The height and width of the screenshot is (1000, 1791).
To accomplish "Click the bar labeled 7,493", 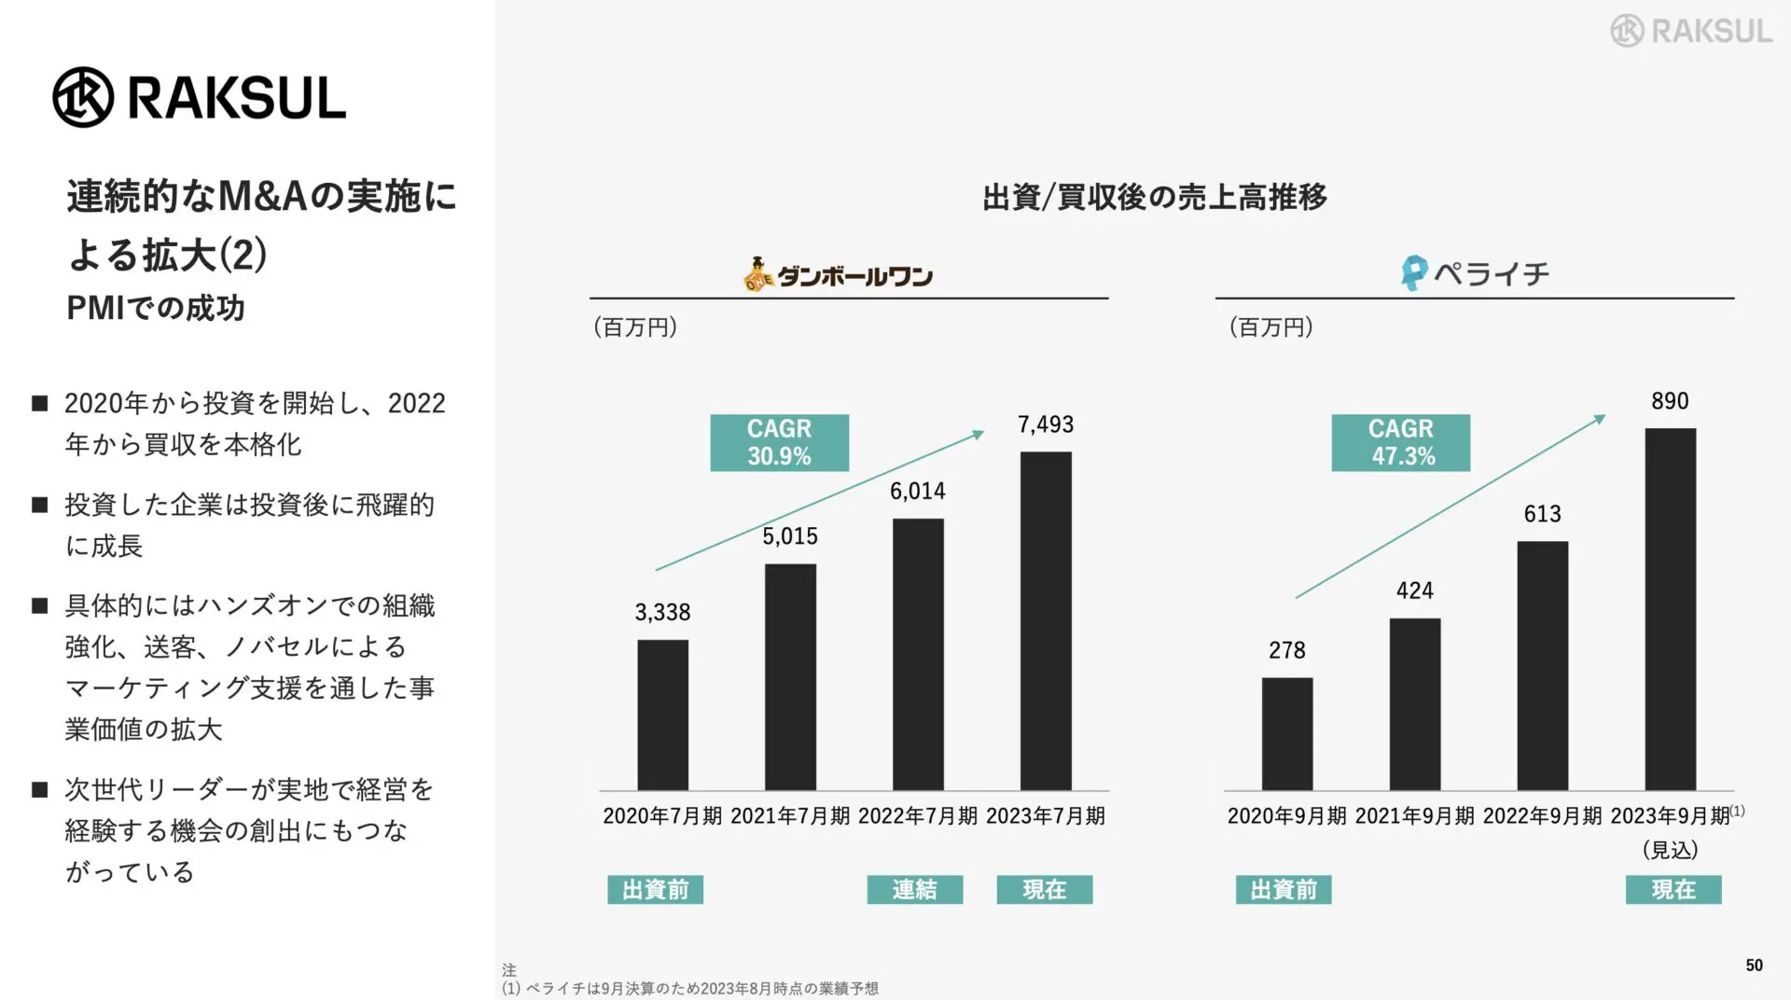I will [x=1045, y=620].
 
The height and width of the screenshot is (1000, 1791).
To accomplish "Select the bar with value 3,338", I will [x=662, y=715].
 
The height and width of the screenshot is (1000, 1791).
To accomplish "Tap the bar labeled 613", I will [x=1542, y=665].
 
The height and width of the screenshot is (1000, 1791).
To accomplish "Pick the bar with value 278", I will [x=1286, y=733].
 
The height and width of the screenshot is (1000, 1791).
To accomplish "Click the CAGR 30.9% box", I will [x=779, y=442].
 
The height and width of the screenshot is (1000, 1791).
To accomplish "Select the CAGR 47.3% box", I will [x=1400, y=442].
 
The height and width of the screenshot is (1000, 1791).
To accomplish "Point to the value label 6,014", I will [x=917, y=492].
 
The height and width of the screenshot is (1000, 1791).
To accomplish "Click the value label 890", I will [x=1669, y=401].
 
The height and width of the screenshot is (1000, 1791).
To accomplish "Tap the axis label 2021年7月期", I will [x=789, y=816].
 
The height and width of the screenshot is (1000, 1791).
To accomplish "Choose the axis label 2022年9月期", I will [x=1542, y=816].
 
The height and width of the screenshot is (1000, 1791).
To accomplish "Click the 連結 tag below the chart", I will [x=914, y=889].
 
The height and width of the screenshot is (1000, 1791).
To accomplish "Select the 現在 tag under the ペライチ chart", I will [x=1673, y=889].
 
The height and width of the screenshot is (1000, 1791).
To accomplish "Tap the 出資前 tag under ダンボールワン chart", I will [x=655, y=889].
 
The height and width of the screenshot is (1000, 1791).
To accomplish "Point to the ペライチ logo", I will [x=1475, y=273].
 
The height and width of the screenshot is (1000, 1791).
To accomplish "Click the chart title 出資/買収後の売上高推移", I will [x=1154, y=197].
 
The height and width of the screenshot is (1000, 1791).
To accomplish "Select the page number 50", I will [x=1754, y=965].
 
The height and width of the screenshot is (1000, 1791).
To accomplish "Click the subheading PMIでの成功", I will [x=155, y=308].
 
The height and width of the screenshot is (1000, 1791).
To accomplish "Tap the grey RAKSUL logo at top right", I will [x=1690, y=31].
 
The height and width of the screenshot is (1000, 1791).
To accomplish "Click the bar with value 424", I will [x=1414, y=703].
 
